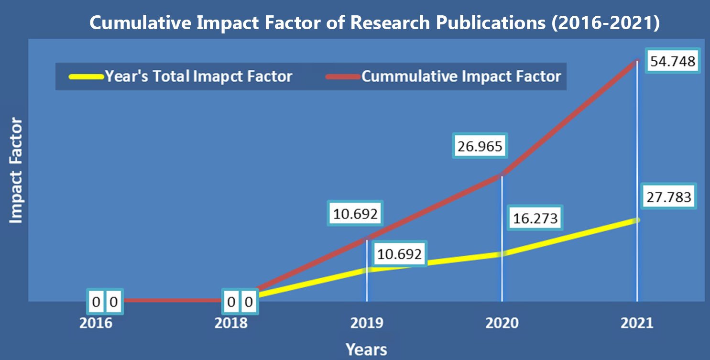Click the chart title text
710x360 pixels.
(374, 23)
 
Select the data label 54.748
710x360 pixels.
(673, 61)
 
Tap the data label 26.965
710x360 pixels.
(480, 146)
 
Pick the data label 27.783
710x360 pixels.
(669, 196)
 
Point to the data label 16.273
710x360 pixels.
(535, 218)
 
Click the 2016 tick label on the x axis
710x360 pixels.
(96, 323)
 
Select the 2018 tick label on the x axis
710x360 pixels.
(231, 323)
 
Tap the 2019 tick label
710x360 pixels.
(367, 323)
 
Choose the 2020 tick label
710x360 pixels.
(502, 323)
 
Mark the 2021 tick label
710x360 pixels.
(637, 323)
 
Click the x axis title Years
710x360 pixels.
(366, 349)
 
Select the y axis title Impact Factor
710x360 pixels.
(16, 171)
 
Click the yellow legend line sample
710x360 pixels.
(86, 76)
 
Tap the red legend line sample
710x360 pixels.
(344, 76)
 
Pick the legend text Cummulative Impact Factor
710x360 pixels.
(461, 76)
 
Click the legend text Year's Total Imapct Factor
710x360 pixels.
(198, 76)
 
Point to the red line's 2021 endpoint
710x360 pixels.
(637, 60)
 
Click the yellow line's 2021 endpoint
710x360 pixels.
(637, 220)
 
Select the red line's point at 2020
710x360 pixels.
(502, 175)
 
